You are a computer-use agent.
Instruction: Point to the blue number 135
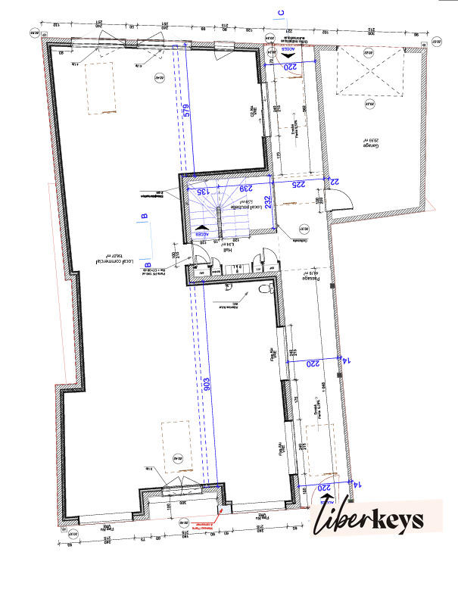(x=202, y=192)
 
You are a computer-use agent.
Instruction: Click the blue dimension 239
(x=245, y=188)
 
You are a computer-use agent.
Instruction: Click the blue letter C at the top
(x=279, y=13)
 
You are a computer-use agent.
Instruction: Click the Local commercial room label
(x=114, y=262)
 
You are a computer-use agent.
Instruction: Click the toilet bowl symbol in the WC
(x=264, y=289)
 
